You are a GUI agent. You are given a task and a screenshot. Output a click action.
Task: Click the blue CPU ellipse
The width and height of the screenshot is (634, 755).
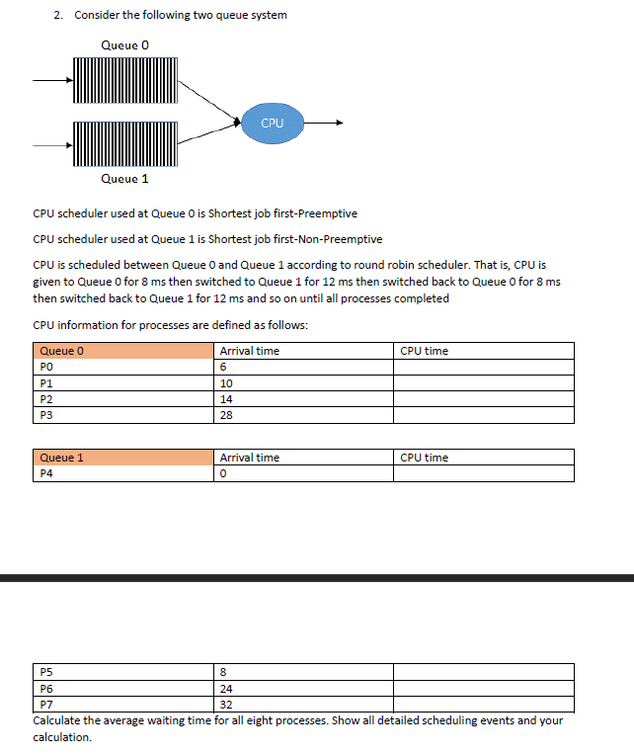coord(273,123)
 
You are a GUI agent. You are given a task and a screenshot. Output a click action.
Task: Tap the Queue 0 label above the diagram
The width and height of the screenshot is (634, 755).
coord(125,44)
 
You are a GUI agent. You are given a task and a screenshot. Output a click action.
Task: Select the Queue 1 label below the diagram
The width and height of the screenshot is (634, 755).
coord(125,179)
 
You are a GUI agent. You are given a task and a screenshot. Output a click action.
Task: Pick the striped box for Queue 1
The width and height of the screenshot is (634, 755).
coord(124,144)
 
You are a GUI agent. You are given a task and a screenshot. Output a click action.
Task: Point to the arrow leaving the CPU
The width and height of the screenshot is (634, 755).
coord(326,124)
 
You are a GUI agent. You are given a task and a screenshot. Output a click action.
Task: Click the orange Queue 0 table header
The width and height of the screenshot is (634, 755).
coord(123,351)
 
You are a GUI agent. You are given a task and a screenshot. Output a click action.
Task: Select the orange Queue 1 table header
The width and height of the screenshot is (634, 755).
coord(123,458)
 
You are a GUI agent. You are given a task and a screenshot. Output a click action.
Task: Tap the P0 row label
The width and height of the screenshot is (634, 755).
coord(45,367)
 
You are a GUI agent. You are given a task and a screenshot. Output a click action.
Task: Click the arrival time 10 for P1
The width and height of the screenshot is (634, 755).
coord(226,383)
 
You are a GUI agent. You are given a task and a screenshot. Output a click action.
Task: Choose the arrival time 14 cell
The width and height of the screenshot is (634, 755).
coord(226,399)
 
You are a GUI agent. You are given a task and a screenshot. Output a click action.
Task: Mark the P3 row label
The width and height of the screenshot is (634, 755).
coord(45,416)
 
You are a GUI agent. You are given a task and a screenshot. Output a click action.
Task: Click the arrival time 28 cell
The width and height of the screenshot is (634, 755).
coord(226,416)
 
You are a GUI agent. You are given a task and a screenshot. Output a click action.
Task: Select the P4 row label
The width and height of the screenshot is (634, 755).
coord(45,473)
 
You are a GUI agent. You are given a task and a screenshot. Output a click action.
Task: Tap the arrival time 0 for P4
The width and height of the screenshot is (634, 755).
coord(224,473)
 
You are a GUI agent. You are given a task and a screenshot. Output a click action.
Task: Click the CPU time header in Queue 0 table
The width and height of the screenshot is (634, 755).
coord(425,351)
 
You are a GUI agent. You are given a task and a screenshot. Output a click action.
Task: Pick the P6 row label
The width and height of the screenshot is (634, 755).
coord(45,689)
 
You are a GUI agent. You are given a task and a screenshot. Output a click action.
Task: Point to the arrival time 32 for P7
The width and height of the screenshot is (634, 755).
coord(226,705)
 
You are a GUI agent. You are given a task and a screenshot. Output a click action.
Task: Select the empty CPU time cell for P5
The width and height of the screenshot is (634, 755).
coord(483,672)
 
